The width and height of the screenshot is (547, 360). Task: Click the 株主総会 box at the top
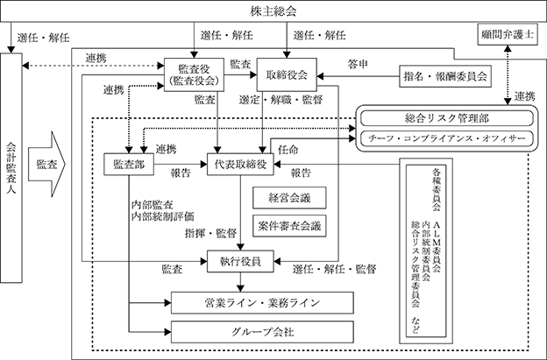pos(273,11)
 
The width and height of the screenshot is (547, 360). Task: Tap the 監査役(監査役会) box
pos(194,74)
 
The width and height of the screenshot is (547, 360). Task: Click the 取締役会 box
pos(287,74)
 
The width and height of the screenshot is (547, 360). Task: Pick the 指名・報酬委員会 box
pos(445,76)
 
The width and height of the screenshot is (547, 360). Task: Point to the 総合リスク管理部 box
pos(446,118)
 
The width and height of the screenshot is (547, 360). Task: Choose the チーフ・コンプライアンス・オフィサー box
pos(446,138)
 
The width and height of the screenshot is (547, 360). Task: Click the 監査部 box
pos(129,164)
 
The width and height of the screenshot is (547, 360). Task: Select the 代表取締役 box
pos(240,164)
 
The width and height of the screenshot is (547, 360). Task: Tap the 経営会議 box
pos(289,198)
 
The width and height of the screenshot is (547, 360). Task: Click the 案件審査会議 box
pos(289,226)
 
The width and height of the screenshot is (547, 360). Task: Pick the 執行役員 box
pos(240,261)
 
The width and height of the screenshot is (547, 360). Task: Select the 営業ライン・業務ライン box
pos(262,303)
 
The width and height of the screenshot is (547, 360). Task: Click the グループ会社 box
pos(262,332)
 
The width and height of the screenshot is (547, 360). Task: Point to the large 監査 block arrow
pos(46,164)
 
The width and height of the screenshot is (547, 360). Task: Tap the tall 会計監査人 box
pos(11,167)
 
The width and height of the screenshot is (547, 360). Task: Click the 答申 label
pos(358,64)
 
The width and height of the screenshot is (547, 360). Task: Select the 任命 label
pos(288,150)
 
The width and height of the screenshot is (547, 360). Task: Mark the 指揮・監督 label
pos(210,233)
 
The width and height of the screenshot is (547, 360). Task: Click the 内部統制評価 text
pos(163,216)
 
